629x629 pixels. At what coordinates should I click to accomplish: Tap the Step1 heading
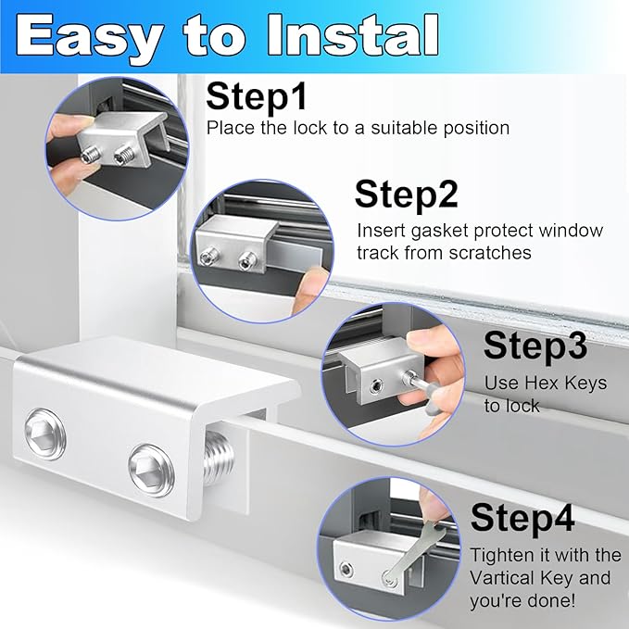click(x=256, y=96)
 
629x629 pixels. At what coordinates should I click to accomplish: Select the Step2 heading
click(x=406, y=195)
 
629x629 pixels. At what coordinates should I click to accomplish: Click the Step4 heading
click(x=522, y=518)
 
